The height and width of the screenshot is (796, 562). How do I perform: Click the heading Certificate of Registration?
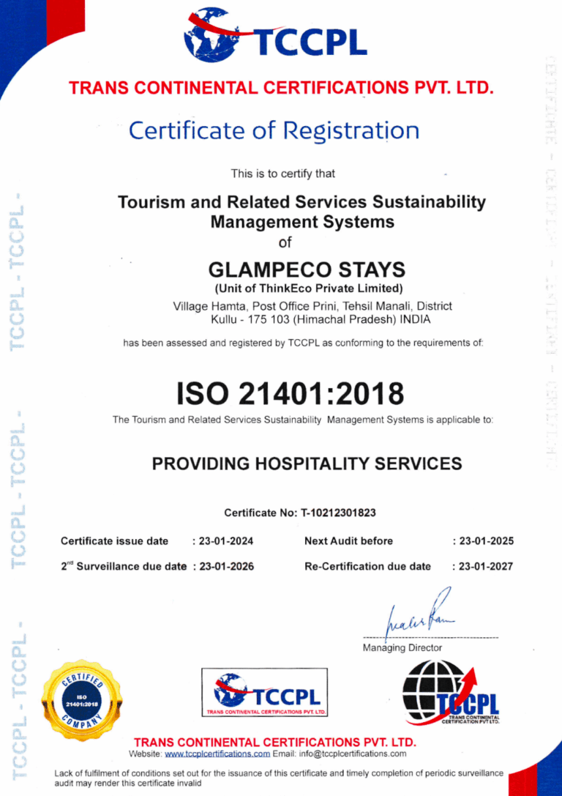(x=274, y=131)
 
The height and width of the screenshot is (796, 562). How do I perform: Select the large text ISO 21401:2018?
(x=290, y=394)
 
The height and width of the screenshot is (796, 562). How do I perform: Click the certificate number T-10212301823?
(x=338, y=513)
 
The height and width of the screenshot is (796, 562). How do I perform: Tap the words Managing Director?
(x=402, y=647)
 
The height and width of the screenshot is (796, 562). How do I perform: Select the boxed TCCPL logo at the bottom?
(x=264, y=692)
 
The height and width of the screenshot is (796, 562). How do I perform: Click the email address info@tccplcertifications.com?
(x=356, y=754)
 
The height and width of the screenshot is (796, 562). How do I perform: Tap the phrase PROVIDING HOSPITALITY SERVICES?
(x=307, y=464)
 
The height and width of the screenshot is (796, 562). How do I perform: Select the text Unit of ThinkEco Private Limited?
(x=308, y=288)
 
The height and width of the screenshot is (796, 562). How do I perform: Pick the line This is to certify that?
(x=282, y=174)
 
